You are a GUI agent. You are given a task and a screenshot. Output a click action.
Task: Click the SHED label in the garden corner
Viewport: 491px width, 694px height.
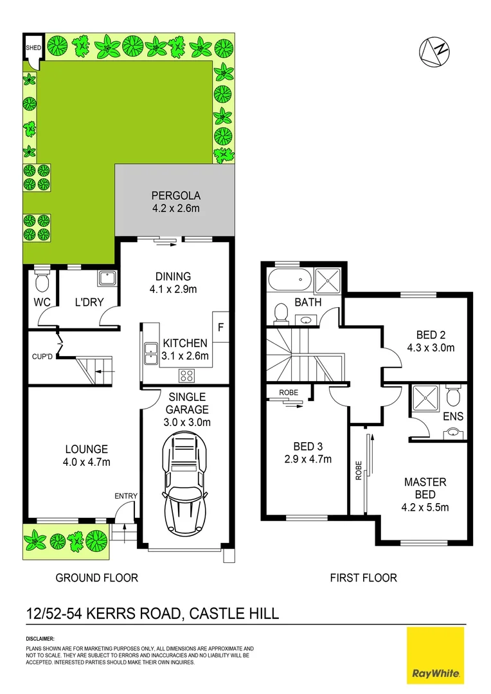coord(31,48)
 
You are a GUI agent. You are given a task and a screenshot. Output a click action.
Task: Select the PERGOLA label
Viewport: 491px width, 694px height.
coord(176,195)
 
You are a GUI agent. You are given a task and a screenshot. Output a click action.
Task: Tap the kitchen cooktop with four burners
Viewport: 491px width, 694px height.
coord(188,375)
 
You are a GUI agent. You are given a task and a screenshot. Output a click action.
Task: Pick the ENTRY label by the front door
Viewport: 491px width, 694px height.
coord(125,495)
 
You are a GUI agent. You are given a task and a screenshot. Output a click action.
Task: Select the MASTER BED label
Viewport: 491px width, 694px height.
coord(425,488)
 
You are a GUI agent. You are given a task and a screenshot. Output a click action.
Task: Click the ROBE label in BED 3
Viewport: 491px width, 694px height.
coord(288,392)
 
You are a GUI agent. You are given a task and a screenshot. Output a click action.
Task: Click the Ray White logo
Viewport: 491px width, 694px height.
coord(435,655)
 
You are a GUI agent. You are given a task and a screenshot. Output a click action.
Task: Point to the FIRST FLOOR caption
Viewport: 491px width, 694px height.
coord(363,578)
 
